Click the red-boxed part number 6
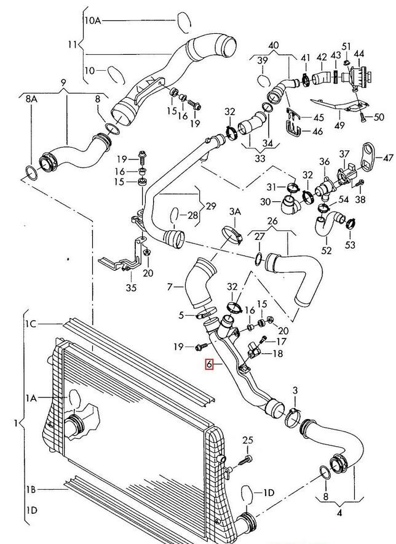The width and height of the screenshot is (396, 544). [210, 364]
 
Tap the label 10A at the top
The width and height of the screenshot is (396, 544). [93, 21]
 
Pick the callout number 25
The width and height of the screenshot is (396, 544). [247, 440]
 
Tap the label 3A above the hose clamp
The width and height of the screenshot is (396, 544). [236, 212]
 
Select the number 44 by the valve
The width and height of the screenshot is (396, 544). [359, 55]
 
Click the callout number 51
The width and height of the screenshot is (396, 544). [346, 47]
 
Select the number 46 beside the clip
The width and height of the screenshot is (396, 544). [317, 132]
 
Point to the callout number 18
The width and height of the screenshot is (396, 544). [278, 354]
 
